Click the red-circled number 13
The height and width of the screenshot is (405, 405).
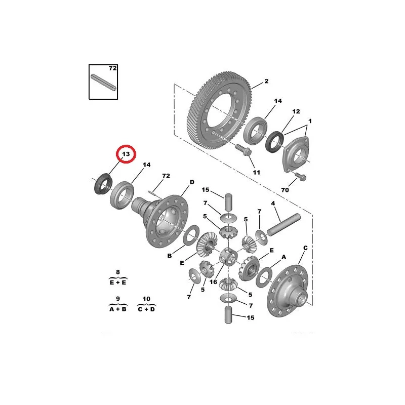pos(126,154)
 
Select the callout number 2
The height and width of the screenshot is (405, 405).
pos(266,81)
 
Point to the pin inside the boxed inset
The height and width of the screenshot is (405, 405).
pos(104,83)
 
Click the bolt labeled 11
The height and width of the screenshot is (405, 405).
pos(244,150)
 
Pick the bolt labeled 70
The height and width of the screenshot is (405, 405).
pos(301,176)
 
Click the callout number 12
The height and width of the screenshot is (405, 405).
pos(296,111)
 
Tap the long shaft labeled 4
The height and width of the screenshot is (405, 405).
pos(284,224)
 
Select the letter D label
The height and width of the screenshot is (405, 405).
pos(192,182)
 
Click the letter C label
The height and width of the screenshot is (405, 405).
pos(305,248)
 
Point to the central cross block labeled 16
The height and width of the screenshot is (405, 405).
pos(229,257)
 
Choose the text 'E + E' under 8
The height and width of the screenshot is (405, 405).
pos(118,282)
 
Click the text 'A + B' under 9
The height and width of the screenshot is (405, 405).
pos(118,309)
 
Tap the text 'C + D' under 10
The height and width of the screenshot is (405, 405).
pos(146,309)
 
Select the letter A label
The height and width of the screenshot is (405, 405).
pos(283,257)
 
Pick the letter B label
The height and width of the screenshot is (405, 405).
pos(170,256)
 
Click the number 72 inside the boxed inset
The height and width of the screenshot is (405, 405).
pos(112,68)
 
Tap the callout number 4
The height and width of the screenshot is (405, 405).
pos(273,204)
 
